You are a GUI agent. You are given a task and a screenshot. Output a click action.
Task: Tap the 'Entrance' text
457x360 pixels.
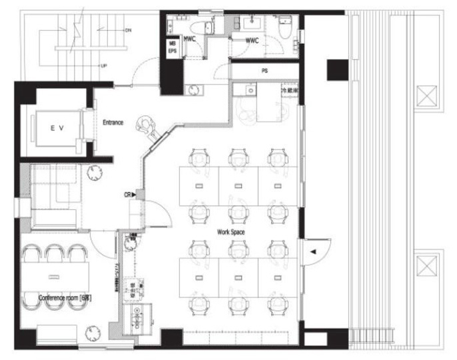pos(113,123)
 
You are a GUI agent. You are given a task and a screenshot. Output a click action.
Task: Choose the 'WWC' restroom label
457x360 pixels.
pos(252,41)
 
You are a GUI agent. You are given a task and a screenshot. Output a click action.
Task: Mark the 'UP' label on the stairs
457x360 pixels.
pos(104,66)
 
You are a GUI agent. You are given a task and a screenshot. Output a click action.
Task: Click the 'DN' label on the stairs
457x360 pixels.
pos(127,31)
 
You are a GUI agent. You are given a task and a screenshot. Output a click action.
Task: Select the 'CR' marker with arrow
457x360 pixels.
pos(129,195)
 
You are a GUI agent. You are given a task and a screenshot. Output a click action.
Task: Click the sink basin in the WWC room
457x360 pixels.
pos(252,23)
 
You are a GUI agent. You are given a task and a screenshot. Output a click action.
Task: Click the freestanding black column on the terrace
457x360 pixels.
pos(336,69)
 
